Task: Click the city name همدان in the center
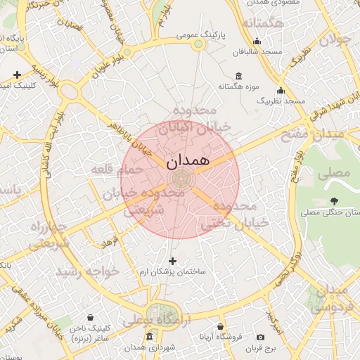[189, 160]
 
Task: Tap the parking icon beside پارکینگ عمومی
[198, 44]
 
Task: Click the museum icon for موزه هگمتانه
[239, 76]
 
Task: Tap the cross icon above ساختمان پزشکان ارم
[172, 261]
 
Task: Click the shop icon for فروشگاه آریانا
[221, 327]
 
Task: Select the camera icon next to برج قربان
[261, 337]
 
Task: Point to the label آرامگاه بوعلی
[150, 321]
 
